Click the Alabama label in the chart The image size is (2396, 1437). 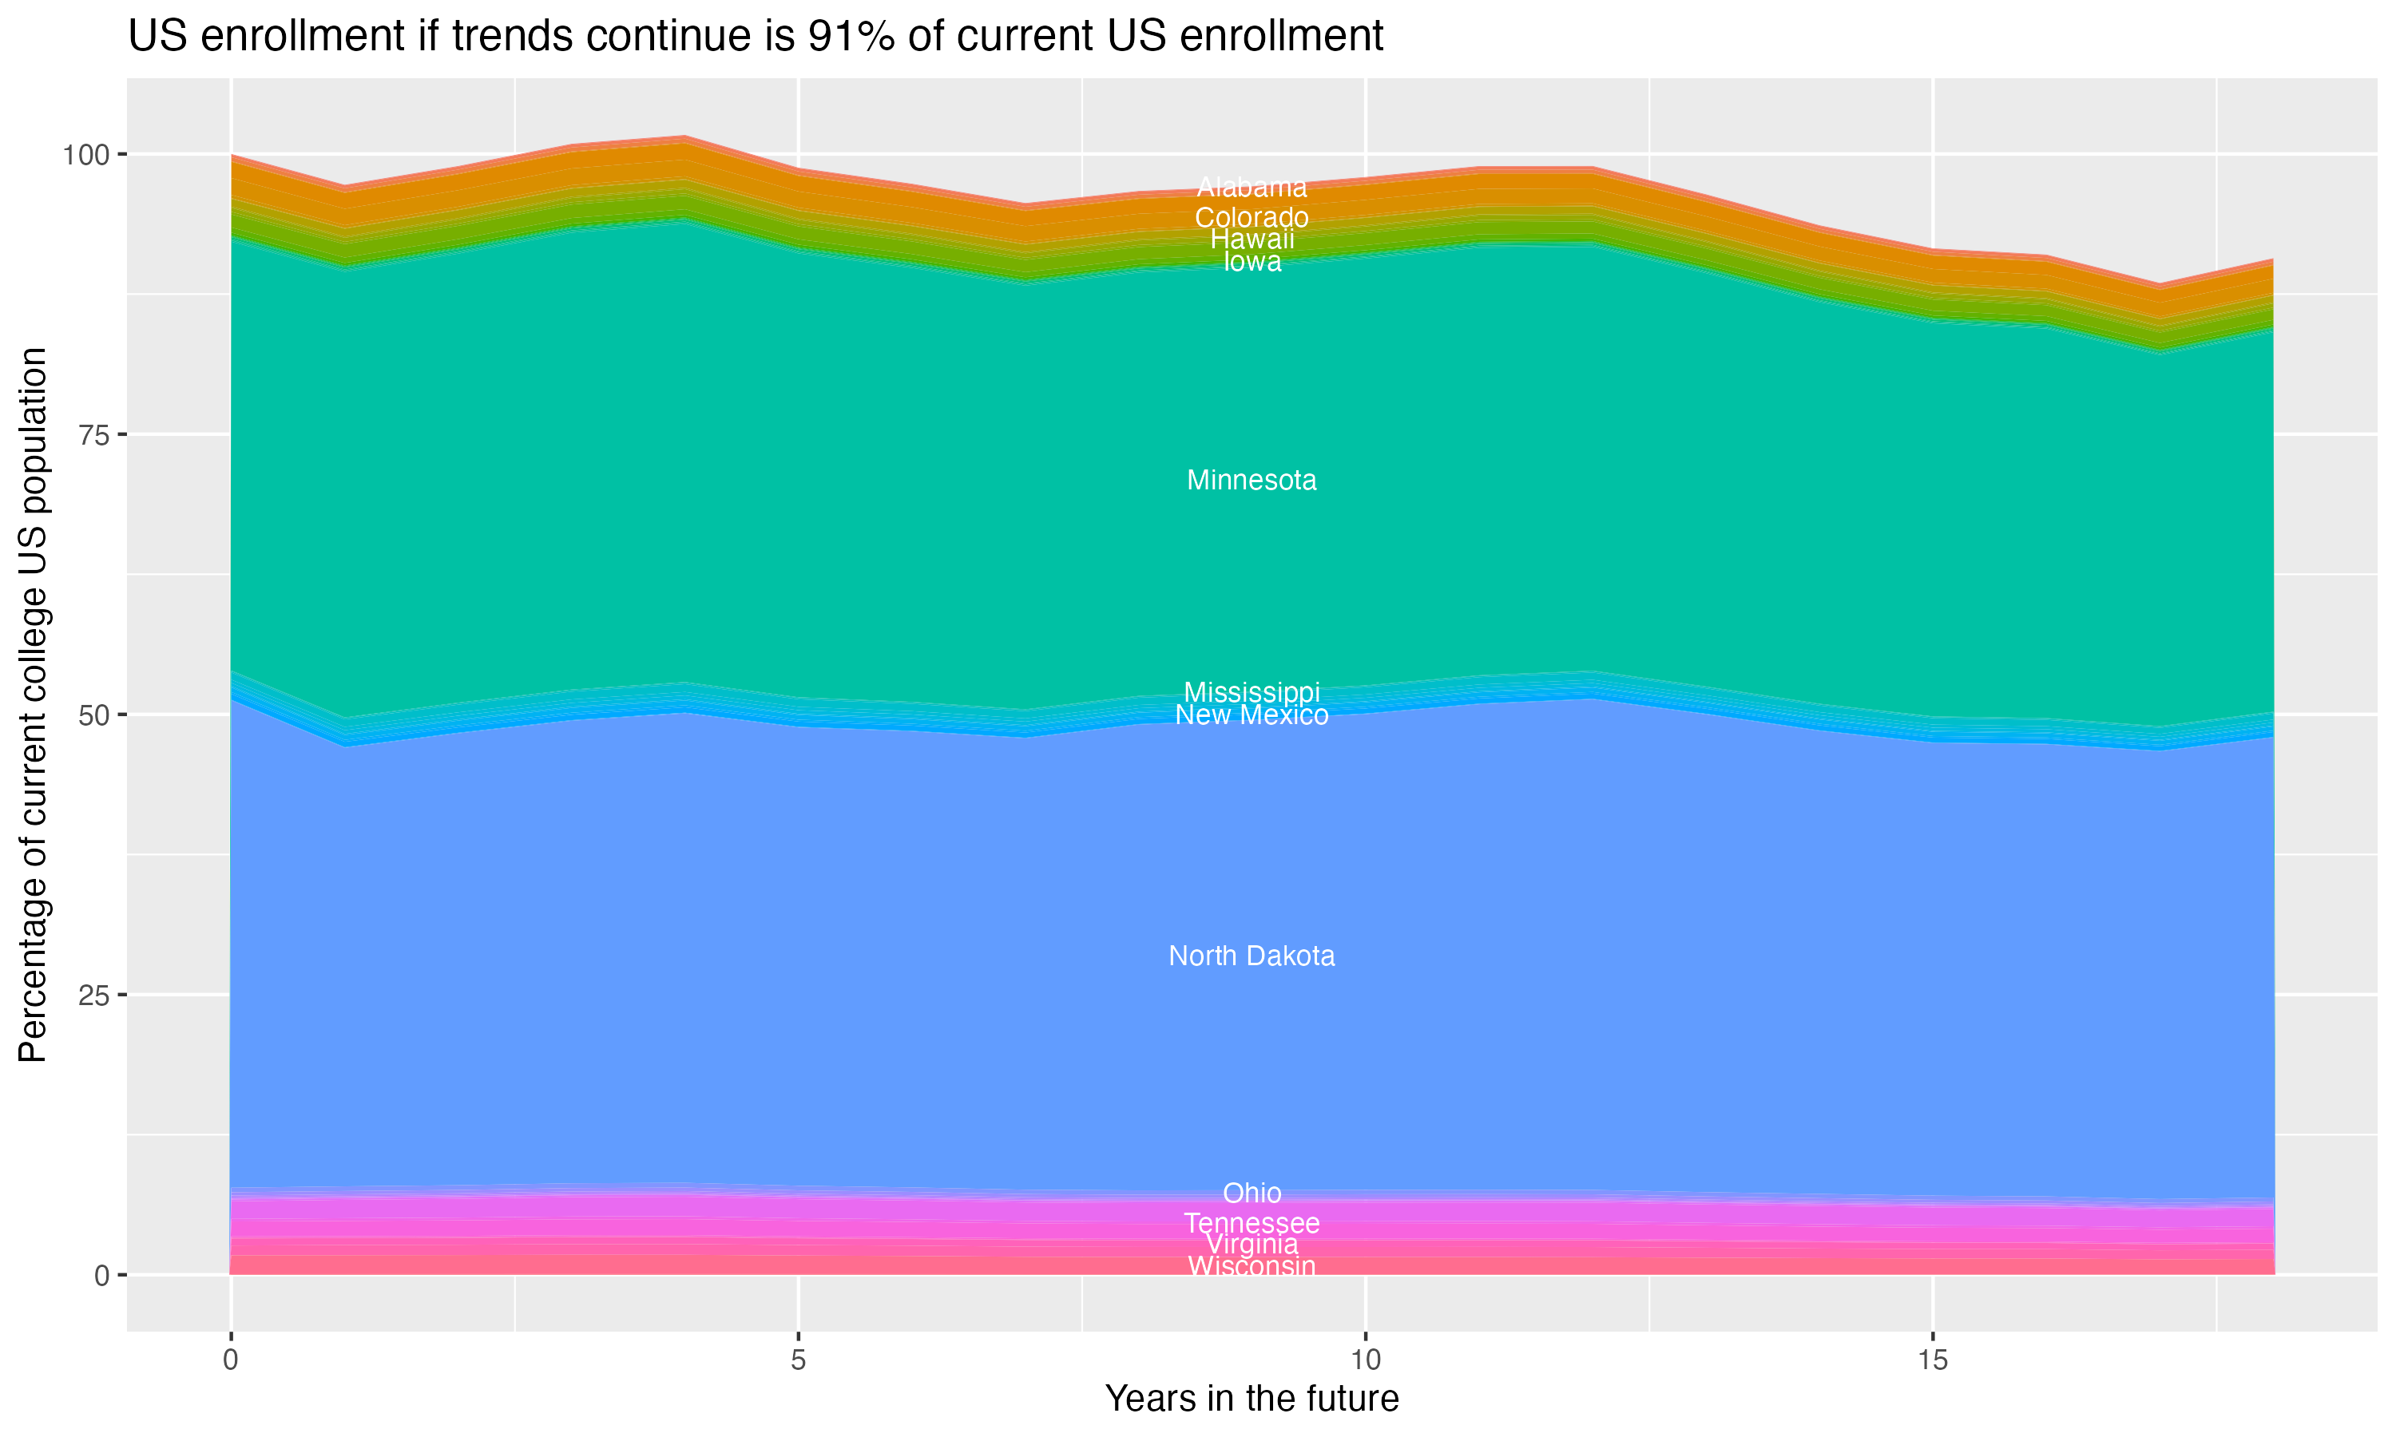(x=1252, y=187)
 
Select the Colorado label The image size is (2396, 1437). (x=1252, y=217)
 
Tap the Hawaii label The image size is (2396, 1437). (x=1252, y=239)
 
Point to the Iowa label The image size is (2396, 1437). (x=1252, y=261)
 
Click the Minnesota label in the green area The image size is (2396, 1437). (x=1252, y=481)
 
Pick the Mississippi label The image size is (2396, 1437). (x=1252, y=691)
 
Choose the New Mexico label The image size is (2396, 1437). (x=1252, y=715)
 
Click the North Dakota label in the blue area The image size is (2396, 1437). (x=1252, y=956)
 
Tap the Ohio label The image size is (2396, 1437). (x=1252, y=1193)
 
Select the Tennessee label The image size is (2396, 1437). (x=1252, y=1223)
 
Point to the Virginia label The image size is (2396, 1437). (x=1252, y=1245)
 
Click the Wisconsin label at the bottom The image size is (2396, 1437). (x=1252, y=1265)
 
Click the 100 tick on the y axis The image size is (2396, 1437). (x=87, y=155)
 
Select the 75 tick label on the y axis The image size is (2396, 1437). (x=95, y=435)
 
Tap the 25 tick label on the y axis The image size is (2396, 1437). (x=95, y=995)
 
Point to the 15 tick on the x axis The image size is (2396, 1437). (x=1932, y=1360)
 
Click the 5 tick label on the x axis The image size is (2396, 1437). (x=798, y=1360)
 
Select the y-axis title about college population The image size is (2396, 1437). (x=33, y=705)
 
